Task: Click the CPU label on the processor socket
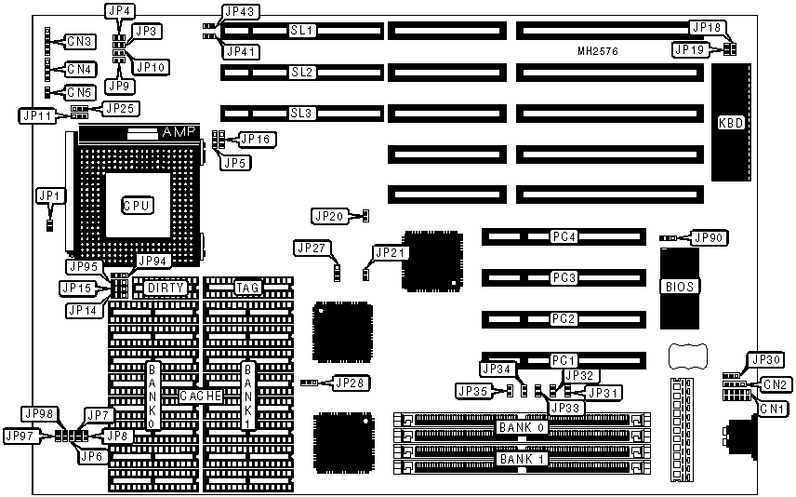137,204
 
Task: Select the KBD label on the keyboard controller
731,122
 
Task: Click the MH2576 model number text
598,52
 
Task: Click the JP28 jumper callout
350,383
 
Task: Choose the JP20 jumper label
330,216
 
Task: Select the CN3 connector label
79,41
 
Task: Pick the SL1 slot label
302,31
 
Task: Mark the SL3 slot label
302,113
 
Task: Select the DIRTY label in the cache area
166,288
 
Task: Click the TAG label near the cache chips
246,288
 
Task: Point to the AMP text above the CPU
179,133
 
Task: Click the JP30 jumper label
766,359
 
